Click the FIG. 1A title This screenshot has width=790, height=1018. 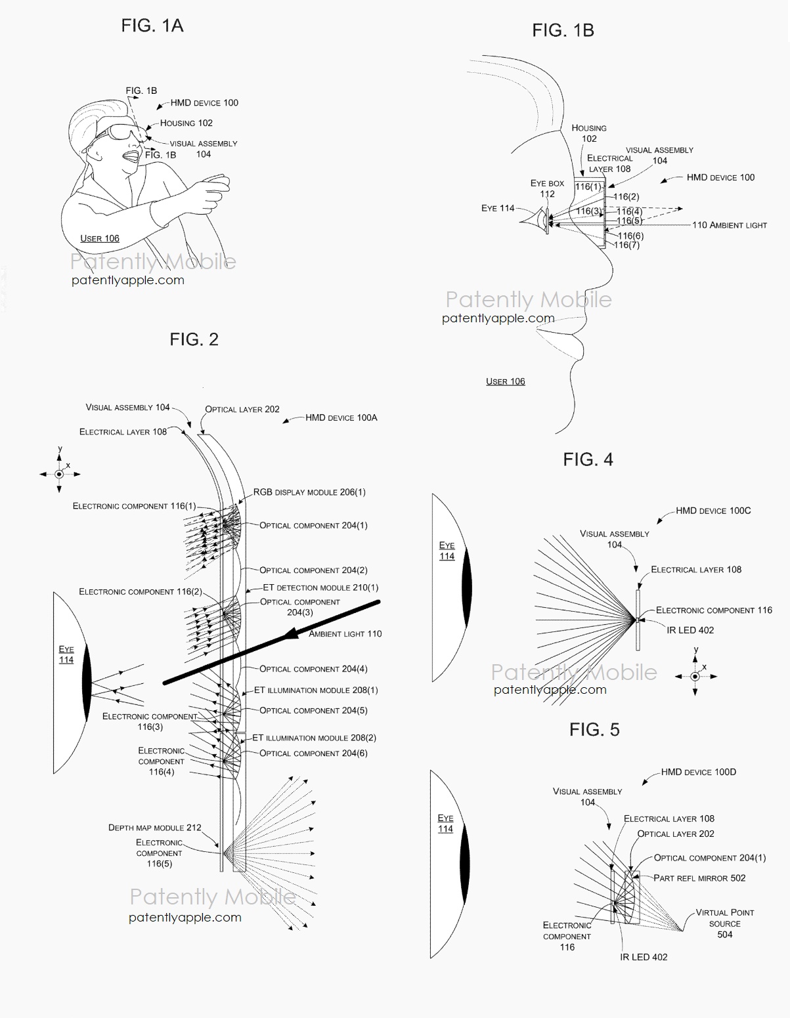click(x=152, y=26)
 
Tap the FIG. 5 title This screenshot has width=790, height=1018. click(x=594, y=729)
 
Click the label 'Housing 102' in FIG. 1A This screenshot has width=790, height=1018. click(x=187, y=123)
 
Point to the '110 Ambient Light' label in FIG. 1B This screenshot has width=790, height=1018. click(x=729, y=225)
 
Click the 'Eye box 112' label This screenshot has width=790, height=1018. click(x=547, y=188)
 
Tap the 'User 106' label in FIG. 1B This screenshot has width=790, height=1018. click(x=505, y=381)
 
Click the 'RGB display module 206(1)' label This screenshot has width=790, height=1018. click(x=310, y=492)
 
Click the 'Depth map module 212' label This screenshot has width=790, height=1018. click(x=155, y=828)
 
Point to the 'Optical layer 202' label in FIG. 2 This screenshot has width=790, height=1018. click(x=242, y=409)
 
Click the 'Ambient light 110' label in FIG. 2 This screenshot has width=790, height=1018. click(x=345, y=634)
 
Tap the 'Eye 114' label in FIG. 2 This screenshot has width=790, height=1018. click(x=66, y=654)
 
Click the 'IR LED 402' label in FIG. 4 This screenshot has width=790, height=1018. click(x=690, y=630)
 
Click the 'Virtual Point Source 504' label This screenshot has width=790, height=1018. click(x=725, y=923)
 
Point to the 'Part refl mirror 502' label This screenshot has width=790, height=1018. click(x=699, y=878)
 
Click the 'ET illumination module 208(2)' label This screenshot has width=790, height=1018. click(x=315, y=738)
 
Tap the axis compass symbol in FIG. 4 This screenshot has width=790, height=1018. click(x=695, y=675)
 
